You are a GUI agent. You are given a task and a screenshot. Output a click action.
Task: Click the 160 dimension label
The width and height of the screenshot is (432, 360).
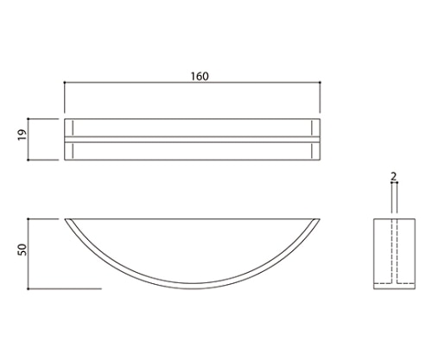point(200,76)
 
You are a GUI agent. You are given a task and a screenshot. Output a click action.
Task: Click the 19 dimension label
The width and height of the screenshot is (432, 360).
point(22,135)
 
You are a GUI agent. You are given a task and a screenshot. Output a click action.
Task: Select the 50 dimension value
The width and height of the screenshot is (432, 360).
point(22,249)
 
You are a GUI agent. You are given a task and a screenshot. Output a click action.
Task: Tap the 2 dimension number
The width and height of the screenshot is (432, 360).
point(394,176)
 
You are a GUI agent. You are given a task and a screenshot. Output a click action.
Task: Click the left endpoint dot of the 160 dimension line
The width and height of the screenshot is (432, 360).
point(65,83)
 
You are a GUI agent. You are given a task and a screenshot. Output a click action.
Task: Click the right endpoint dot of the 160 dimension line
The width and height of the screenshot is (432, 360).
point(320,83)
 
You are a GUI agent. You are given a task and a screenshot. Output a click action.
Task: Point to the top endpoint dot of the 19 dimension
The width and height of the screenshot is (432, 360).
point(29,118)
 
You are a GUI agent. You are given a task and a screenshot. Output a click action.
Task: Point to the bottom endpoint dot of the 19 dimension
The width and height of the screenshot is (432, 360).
point(29,160)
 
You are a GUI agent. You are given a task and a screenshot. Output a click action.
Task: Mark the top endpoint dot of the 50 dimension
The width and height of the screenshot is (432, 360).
point(29,219)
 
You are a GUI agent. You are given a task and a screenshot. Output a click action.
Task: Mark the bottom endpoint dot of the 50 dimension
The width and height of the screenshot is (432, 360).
point(29,288)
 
